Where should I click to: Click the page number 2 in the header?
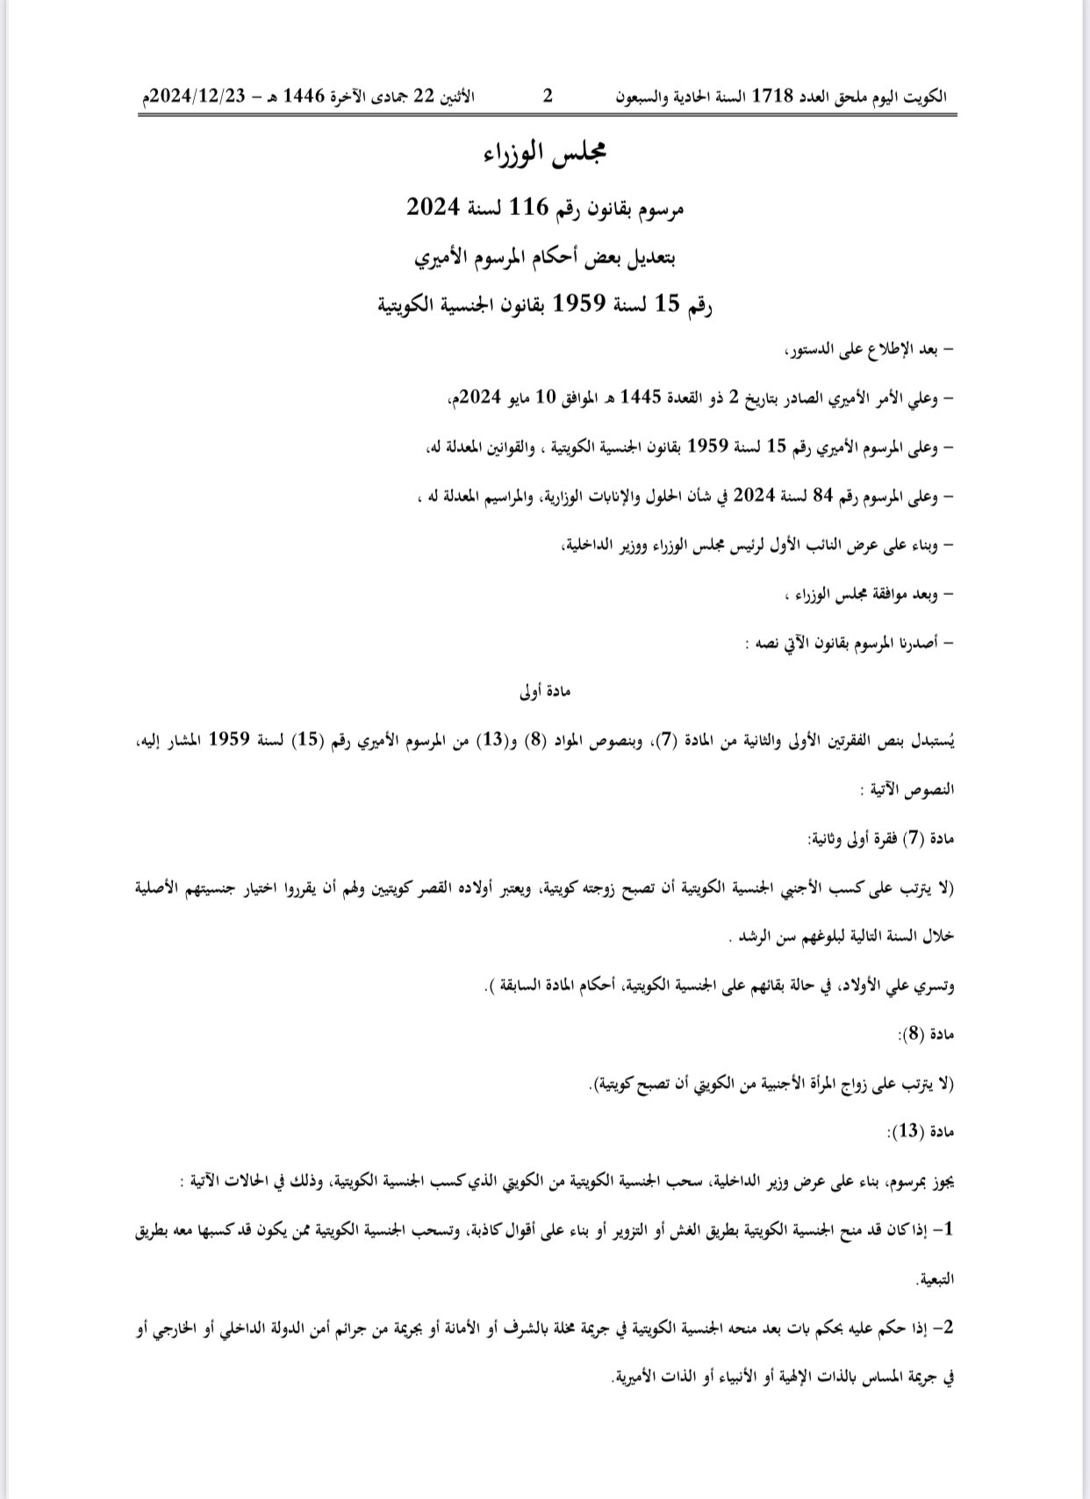tap(547, 96)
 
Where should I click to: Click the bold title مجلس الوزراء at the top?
tap(545, 154)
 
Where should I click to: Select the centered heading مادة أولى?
tap(545, 691)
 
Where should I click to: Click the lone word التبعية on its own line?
tap(935, 1280)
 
